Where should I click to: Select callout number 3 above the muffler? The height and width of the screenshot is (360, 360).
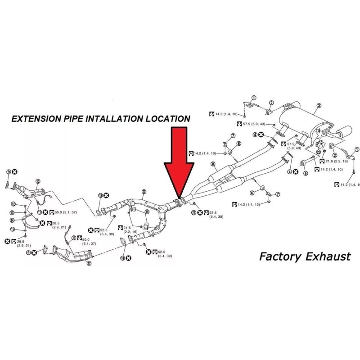click(319, 106)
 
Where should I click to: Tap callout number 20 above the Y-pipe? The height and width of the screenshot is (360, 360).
click(144, 192)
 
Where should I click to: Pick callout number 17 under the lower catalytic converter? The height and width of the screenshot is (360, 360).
click(89, 264)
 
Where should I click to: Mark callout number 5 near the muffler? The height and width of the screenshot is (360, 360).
click(305, 173)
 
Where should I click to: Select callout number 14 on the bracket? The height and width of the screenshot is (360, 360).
click(13, 220)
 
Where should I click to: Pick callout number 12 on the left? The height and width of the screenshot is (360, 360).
click(13, 204)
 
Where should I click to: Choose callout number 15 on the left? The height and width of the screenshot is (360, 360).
click(13, 229)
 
